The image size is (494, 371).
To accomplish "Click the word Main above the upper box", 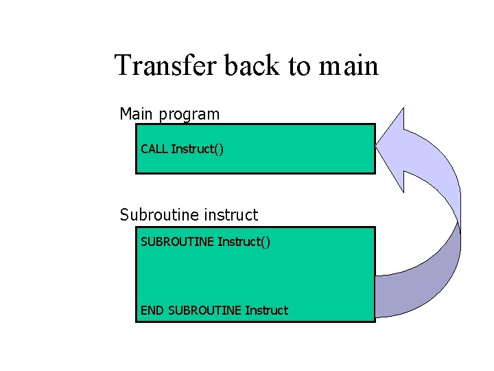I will [x=137, y=113].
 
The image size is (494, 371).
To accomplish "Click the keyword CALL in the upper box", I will [x=154, y=148].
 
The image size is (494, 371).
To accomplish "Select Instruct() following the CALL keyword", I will [x=198, y=149].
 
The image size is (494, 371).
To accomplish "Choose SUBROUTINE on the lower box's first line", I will [x=177, y=241].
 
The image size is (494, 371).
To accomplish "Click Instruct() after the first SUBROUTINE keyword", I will [x=244, y=242].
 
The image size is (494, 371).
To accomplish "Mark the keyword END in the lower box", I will [x=152, y=311].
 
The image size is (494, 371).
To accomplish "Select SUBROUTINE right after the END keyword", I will [x=204, y=311].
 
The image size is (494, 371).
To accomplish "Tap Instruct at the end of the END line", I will [x=266, y=311].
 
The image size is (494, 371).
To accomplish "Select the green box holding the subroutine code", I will [x=255, y=275].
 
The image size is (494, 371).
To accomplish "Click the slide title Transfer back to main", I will [x=246, y=66].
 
